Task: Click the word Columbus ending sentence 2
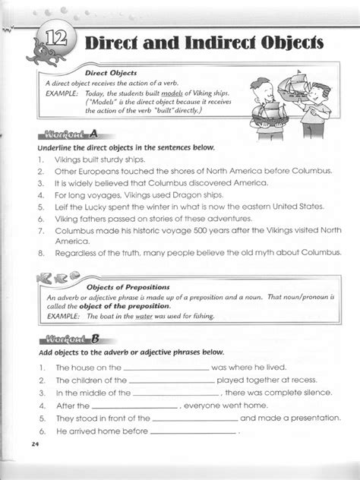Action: pyautogui.click(x=311, y=172)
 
